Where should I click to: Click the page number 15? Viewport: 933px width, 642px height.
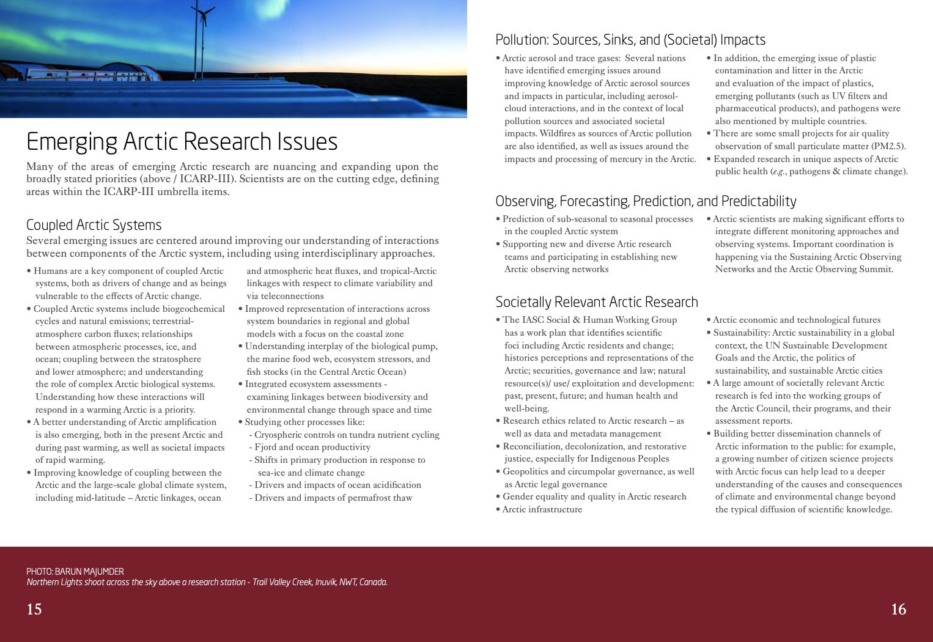click(34, 609)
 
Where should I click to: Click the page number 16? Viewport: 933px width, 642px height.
click(898, 609)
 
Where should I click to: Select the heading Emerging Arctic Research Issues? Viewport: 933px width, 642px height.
click(182, 142)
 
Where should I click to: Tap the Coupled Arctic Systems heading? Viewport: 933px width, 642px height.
click(94, 225)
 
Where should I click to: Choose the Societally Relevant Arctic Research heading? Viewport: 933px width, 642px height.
click(596, 302)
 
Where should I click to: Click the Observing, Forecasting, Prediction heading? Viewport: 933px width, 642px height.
click(646, 201)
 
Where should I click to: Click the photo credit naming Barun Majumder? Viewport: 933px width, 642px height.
click(75, 572)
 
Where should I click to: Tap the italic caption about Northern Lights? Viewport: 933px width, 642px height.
click(207, 582)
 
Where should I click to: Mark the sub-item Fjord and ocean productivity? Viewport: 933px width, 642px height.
click(312, 447)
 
